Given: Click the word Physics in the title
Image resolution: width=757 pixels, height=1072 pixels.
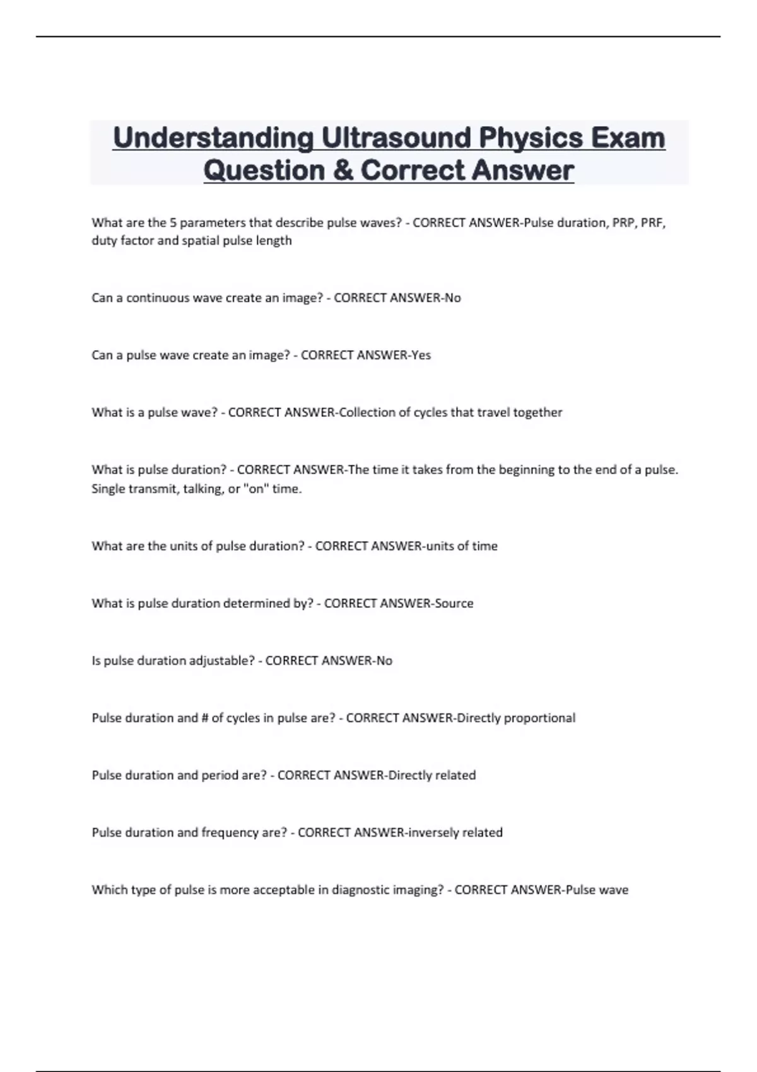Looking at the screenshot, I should [531, 138].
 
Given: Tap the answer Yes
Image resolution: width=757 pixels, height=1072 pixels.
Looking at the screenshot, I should [421, 355].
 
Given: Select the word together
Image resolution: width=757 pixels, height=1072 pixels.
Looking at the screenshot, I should [537, 412].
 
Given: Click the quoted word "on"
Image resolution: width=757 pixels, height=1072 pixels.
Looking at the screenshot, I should [255, 489].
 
